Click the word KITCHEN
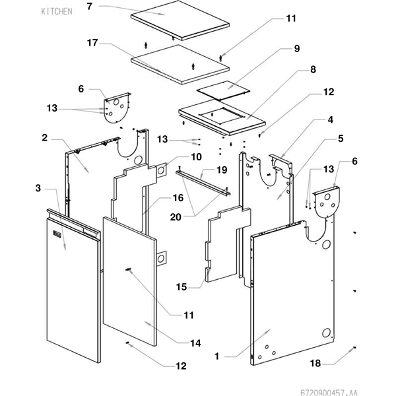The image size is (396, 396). [x=57, y=12]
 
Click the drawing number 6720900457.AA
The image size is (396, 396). [x=361, y=389]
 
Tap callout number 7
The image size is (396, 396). [x=90, y=7]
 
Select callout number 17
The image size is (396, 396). [x=92, y=44]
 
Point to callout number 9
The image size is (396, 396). [x=297, y=49]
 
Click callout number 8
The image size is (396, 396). [x=313, y=69]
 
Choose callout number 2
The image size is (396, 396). [x=44, y=138]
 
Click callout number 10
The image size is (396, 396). [x=196, y=157]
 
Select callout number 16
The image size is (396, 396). [x=196, y=197]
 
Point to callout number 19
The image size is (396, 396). [x=222, y=170]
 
